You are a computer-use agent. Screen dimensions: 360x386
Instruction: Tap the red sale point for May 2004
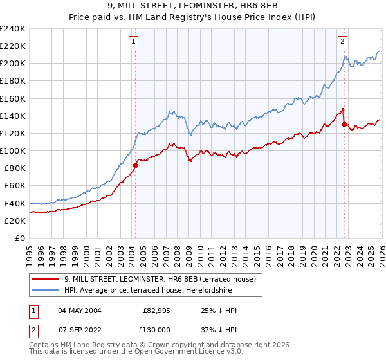point(135,165)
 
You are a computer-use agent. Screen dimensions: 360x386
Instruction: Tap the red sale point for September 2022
point(344,124)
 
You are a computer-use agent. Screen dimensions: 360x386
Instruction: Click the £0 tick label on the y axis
point(21,238)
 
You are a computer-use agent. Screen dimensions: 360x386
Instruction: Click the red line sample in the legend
point(45,279)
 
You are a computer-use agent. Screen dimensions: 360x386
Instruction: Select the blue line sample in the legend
point(45,290)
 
